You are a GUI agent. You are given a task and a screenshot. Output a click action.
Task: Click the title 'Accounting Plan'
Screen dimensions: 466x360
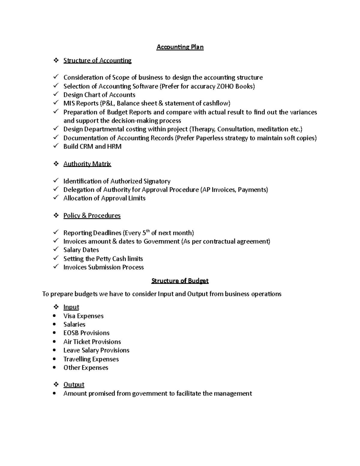180,47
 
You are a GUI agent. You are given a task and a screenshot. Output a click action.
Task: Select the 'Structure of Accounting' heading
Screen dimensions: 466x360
97,61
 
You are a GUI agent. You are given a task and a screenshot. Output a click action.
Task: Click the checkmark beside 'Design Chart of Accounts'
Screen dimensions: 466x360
56,94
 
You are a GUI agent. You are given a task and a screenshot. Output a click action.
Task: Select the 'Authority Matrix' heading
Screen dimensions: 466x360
87,164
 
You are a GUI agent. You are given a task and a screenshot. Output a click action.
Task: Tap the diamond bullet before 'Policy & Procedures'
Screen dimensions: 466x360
56,215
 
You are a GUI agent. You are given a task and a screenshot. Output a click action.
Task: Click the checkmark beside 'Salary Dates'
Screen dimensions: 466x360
56,249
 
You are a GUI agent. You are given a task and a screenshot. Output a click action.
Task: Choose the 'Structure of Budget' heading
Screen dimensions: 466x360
180,281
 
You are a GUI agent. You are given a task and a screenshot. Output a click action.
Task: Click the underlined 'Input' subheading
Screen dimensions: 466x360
71,307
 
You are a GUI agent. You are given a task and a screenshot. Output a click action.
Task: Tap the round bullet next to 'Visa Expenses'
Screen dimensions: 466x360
54,316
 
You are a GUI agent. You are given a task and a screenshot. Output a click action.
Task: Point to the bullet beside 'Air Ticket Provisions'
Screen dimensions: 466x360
54,341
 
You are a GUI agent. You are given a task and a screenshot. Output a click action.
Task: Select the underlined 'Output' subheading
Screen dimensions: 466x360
74,385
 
